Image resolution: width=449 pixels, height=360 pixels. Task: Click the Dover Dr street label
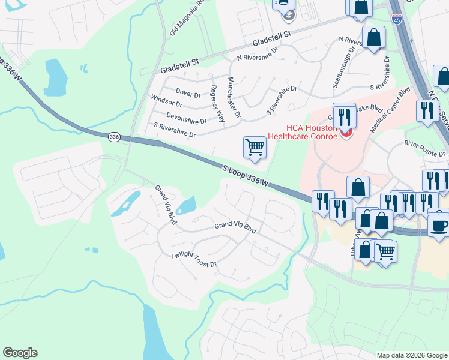coord(188,94)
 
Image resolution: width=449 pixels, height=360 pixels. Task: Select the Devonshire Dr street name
coord(186,118)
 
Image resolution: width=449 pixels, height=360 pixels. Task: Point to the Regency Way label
coord(217,104)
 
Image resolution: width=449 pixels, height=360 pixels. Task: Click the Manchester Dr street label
coord(234,97)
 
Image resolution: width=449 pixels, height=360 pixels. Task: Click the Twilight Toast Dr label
coord(193,259)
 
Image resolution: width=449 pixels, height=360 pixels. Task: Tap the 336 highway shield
coord(114,137)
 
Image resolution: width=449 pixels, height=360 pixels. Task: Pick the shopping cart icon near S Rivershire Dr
coord(255,147)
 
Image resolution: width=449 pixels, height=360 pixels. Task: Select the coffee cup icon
coord(439,226)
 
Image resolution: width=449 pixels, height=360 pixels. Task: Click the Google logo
coord(20,353)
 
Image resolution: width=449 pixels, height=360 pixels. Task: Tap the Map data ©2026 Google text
coord(412,355)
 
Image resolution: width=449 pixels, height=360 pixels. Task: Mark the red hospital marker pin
coord(346,133)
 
